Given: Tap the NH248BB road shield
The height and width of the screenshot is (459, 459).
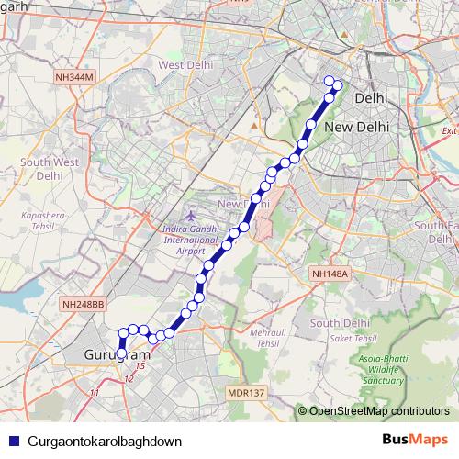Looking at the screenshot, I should (x=84, y=303).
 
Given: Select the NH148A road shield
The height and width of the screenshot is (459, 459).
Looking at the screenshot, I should (x=329, y=274).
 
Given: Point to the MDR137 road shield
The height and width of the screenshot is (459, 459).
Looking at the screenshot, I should (x=245, y=393).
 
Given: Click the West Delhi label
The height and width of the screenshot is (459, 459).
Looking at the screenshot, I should (x=185, y=65).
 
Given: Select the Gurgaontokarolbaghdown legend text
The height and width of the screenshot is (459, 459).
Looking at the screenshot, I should (x=105, y=441).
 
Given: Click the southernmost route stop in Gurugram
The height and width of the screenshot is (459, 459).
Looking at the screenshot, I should (x=121, y=353).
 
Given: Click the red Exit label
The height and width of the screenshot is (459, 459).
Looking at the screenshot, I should (x=449, y=131).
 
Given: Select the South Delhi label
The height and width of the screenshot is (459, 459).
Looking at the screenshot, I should (x=339, y=323).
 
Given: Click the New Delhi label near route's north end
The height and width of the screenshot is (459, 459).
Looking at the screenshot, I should (x=357, y=127).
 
